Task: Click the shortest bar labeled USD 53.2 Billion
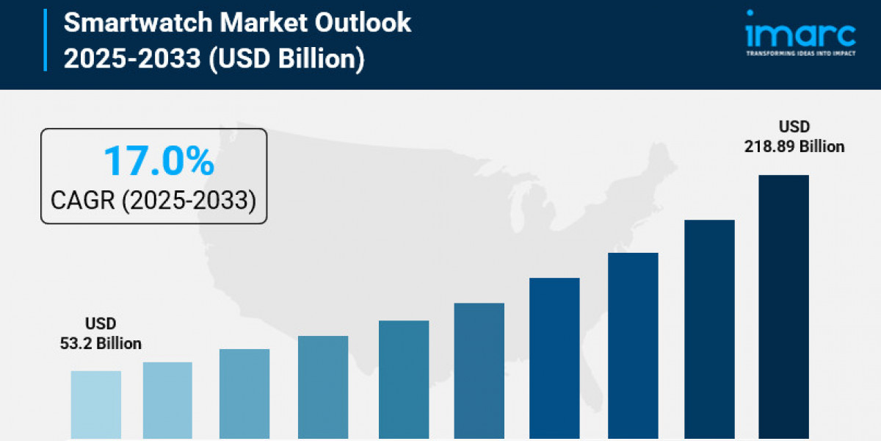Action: [x=96, y=404]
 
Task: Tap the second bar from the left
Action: [x=167, y=401]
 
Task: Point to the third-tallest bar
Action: [x=633, y=345]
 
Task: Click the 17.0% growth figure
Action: [x=159, y=161]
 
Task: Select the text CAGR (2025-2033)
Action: [x=153, y=199]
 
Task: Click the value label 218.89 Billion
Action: [x=794, y=147]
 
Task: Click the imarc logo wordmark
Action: [x=800, y=33]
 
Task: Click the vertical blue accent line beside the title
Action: [x=46, y=40]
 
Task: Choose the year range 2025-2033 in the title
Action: [x=131, y=58]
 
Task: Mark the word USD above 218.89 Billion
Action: [x=794, y=126]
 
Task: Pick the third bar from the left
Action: [x=244, y=394]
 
